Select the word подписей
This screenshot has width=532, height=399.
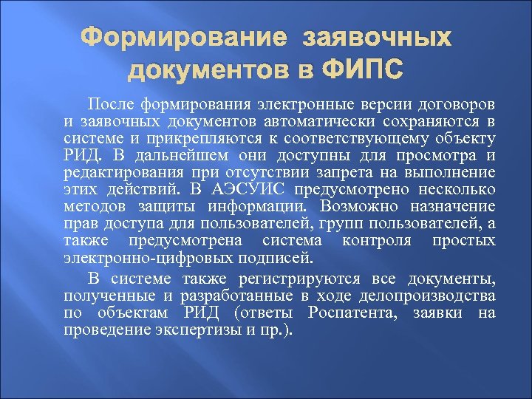[x=282, y=259]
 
